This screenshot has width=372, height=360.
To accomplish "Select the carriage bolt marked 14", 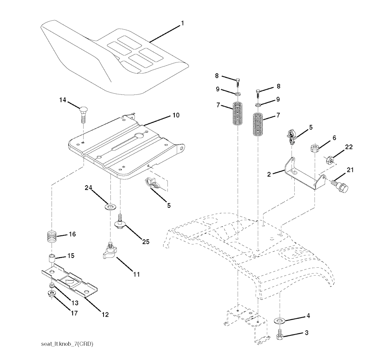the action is [84, 114].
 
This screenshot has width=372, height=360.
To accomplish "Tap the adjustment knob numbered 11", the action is [109, 250].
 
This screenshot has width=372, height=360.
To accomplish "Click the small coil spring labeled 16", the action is [52, 238].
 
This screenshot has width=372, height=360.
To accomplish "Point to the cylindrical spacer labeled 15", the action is [52, 258].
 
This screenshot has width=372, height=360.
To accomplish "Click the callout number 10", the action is [176, 115].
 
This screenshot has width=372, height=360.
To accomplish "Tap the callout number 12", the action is [105, 315].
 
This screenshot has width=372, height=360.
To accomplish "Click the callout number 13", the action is [75, 303].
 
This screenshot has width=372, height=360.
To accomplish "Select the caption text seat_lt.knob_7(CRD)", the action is [67, 344].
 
